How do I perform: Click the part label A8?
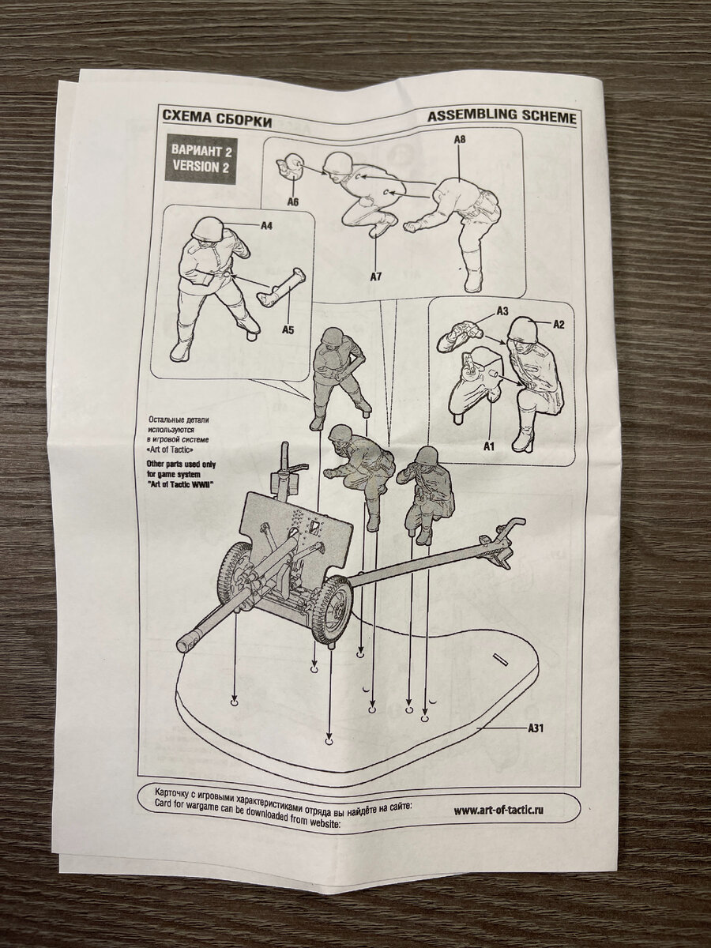[x=460, y=140]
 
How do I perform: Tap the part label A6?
[x=292, y=201]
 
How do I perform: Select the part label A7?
[x=376, y=276]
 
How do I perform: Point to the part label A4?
[x=267, y=225]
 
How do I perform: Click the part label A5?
[x=288, y=329]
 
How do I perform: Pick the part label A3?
[x=502, y=310]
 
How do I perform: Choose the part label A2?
[x=559, y=325]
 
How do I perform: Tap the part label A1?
[x=488, y=446]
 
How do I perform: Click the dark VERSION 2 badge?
[x=201, y=160]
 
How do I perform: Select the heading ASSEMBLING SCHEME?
[x=502, y=117]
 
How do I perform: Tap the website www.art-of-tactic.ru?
[x=498, y=811]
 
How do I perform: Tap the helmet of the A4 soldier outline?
[x=207, y=228]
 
